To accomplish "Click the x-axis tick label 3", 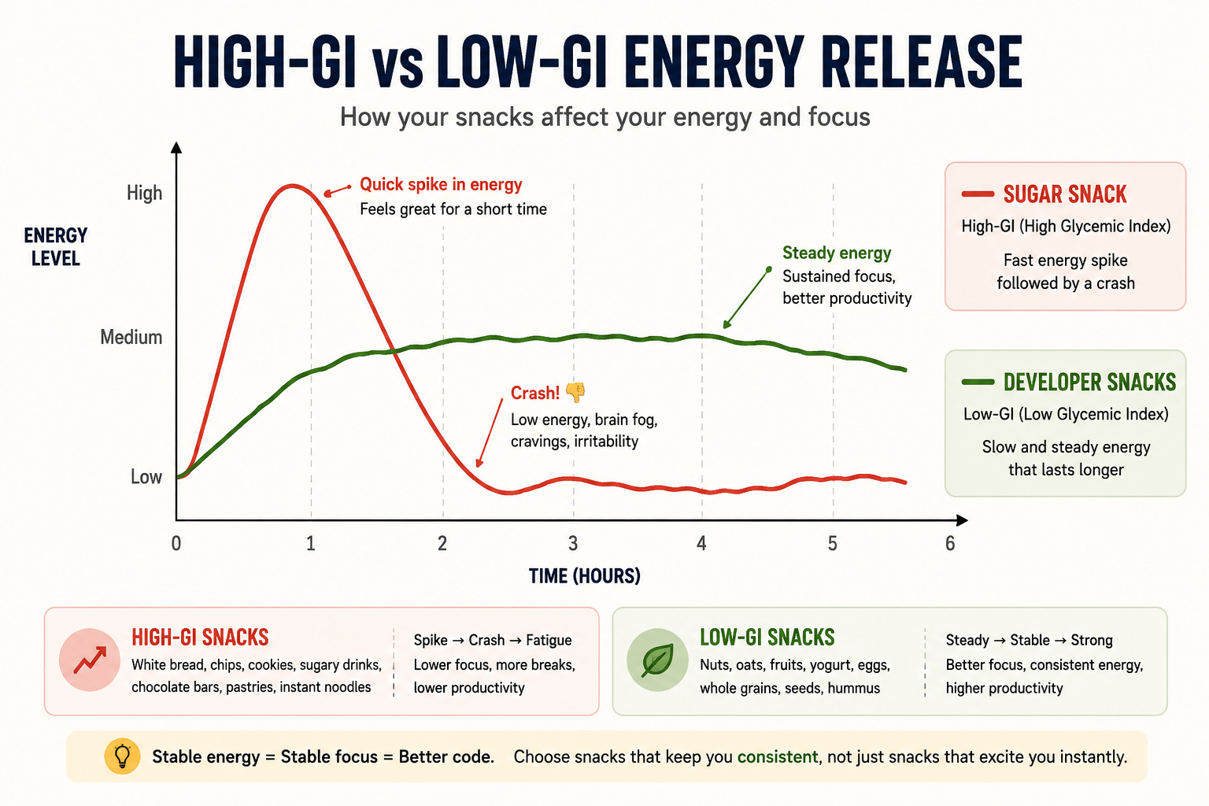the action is click(573, 543).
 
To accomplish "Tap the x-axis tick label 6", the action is click(950, 543).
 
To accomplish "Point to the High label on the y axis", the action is click(144, 193).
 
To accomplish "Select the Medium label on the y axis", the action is click(131, 337).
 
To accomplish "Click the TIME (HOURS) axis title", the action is click(585, 576).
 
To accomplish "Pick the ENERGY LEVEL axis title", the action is click(56, 246).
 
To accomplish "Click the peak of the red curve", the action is click(291, 187).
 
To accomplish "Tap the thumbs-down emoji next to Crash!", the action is click(575, 392).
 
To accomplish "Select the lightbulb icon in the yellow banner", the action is click(123, 756).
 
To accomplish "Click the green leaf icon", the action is click(657, 660).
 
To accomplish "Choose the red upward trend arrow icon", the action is click(90, 660).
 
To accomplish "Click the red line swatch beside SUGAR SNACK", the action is click(978, 194).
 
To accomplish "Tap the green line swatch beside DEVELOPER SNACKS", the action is click(978, 382).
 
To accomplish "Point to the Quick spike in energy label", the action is click(441, 185).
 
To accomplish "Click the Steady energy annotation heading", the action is click(837, 253).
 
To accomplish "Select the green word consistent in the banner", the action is click(778, 757).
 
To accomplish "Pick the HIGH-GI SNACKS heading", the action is click(200, 638).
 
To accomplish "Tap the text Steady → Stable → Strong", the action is click(1030, 640).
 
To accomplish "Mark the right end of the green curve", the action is click(906, 370).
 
